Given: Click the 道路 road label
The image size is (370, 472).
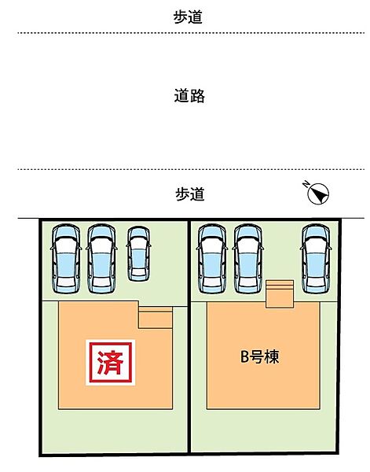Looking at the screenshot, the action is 189,96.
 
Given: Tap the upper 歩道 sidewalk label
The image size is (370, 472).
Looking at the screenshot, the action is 188,17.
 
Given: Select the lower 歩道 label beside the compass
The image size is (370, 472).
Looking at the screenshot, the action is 190,194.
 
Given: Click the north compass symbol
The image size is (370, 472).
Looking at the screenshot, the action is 318,194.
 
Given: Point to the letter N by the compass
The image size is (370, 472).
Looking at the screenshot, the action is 306,184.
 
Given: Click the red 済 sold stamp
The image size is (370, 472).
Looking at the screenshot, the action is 110,363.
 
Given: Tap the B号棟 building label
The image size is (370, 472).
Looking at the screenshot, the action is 260,356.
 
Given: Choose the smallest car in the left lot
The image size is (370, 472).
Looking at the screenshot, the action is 138,254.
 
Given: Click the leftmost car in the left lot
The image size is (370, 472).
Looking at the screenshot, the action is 66,258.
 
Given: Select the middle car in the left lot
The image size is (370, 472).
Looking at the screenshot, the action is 101,258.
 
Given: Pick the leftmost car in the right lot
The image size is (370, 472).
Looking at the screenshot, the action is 212,258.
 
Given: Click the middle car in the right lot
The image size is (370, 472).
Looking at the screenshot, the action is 248,258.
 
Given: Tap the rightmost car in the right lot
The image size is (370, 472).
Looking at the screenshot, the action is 316,258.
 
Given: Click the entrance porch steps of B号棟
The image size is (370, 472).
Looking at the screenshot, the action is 280,294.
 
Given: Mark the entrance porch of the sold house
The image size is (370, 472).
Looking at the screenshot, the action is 156,318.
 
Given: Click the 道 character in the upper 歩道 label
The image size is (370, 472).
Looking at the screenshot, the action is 196,17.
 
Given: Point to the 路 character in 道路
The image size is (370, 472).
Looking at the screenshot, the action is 197,96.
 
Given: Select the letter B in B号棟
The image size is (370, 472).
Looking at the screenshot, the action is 244,357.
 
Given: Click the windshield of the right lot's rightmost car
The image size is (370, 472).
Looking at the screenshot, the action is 316,235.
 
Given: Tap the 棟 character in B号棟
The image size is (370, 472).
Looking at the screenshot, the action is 272,356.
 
